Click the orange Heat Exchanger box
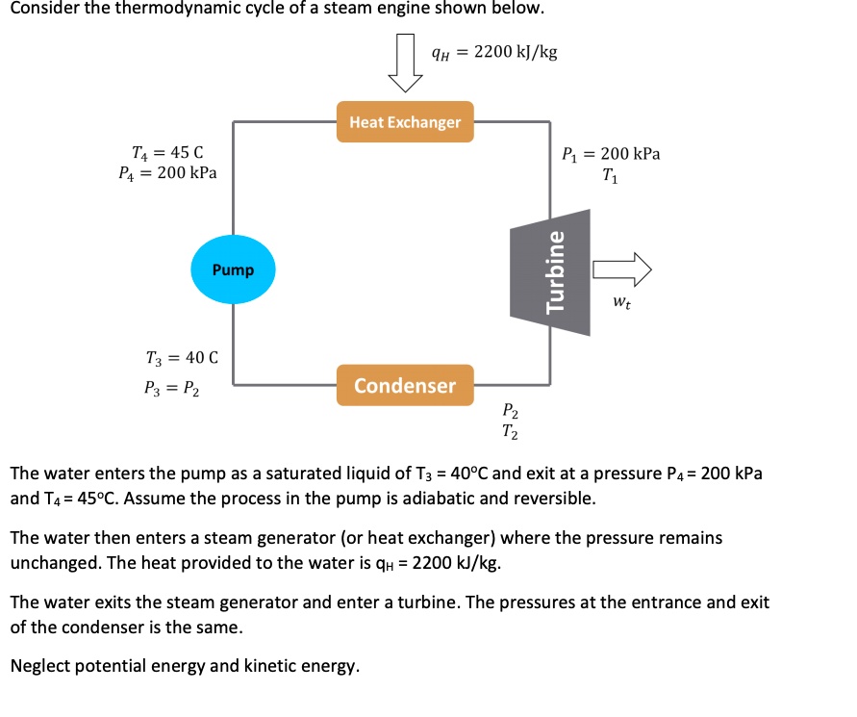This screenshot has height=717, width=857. click(x=405, y=122)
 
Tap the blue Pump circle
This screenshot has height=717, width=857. click(x=234, y=269)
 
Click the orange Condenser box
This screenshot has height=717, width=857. click(x=405, y=386)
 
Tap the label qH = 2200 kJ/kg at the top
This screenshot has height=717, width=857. click(x=494, y=51)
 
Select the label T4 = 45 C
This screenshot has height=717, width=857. click(x=167, y=152)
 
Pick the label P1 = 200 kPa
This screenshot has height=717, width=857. click(x=611, y=154)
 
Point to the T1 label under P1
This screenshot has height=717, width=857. click(x=609, y=176)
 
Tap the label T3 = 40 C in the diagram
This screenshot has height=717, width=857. click(x=182, y=358)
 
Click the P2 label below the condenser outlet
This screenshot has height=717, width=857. click(x=512, y=414)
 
